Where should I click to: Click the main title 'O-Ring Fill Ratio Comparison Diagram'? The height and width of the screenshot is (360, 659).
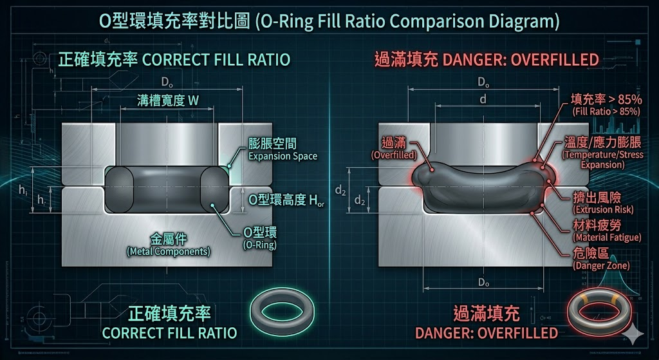[x=329, y=21]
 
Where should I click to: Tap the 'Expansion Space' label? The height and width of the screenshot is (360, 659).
[x=283, y=156]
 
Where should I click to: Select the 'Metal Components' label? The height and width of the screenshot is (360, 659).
[x=168, y=251]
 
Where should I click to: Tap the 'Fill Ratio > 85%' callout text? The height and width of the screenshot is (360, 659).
[x=606, y=111]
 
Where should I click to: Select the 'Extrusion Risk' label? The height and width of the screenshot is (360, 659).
[x=603, y=210]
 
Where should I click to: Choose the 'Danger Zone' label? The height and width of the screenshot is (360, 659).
[x=601, y=265]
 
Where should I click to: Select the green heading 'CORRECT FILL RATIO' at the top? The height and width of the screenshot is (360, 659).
[x=174, y=61]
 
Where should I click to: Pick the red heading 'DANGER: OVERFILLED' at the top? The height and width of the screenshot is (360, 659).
[x=487, y=61]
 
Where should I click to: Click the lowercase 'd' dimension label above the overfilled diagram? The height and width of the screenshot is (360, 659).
[x=483, y=99]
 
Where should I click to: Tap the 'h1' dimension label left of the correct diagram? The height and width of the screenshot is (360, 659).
[x=23, y=191]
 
